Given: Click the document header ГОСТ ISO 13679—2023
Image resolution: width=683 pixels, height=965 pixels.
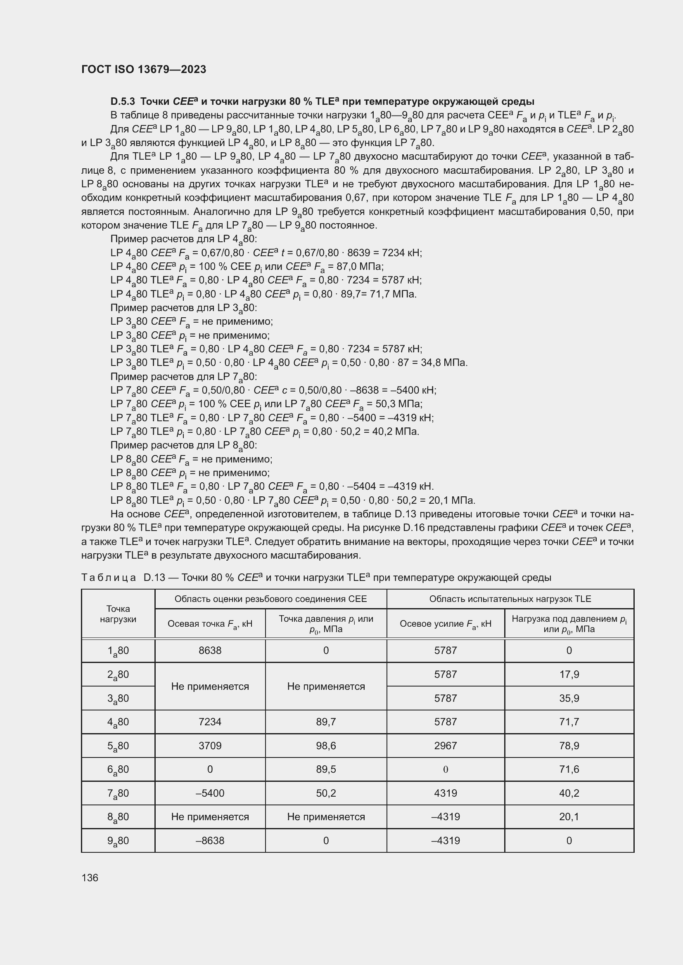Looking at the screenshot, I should pos(143,69).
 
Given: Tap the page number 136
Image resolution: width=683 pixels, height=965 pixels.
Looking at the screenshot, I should pos(90,878).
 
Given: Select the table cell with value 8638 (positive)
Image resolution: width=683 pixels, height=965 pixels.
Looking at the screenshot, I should pos(210,651).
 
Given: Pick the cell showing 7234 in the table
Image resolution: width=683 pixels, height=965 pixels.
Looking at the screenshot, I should pos(210,722).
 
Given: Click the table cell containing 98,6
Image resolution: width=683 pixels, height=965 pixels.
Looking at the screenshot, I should pos(325,746).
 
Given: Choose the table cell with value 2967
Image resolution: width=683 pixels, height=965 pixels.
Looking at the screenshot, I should pos(446,746).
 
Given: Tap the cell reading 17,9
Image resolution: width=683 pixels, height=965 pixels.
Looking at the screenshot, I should pos(569,674).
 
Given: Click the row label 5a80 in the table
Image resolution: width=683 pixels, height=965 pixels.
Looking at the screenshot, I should pos(118,746).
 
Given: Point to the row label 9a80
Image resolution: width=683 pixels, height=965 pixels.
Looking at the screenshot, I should pos(118,841).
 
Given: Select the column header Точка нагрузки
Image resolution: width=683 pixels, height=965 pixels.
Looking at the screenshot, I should pos(118,613).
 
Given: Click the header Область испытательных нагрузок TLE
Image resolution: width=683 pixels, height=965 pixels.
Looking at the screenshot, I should pos(510,599).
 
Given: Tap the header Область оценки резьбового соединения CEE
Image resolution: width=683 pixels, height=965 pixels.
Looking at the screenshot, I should pos(270,599).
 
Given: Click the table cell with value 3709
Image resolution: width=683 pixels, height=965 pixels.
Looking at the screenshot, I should pos(210,746).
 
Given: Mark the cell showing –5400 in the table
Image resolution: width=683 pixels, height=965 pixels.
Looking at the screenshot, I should pos(210,793).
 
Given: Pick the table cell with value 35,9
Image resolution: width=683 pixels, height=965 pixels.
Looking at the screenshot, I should pos(569,698).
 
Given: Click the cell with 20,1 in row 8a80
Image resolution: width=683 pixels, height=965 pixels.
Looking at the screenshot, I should pos(569,816).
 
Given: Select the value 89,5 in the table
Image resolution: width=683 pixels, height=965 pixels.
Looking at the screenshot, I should pos(325,769).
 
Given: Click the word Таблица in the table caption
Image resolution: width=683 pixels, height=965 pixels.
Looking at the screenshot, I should pos(109,578).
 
